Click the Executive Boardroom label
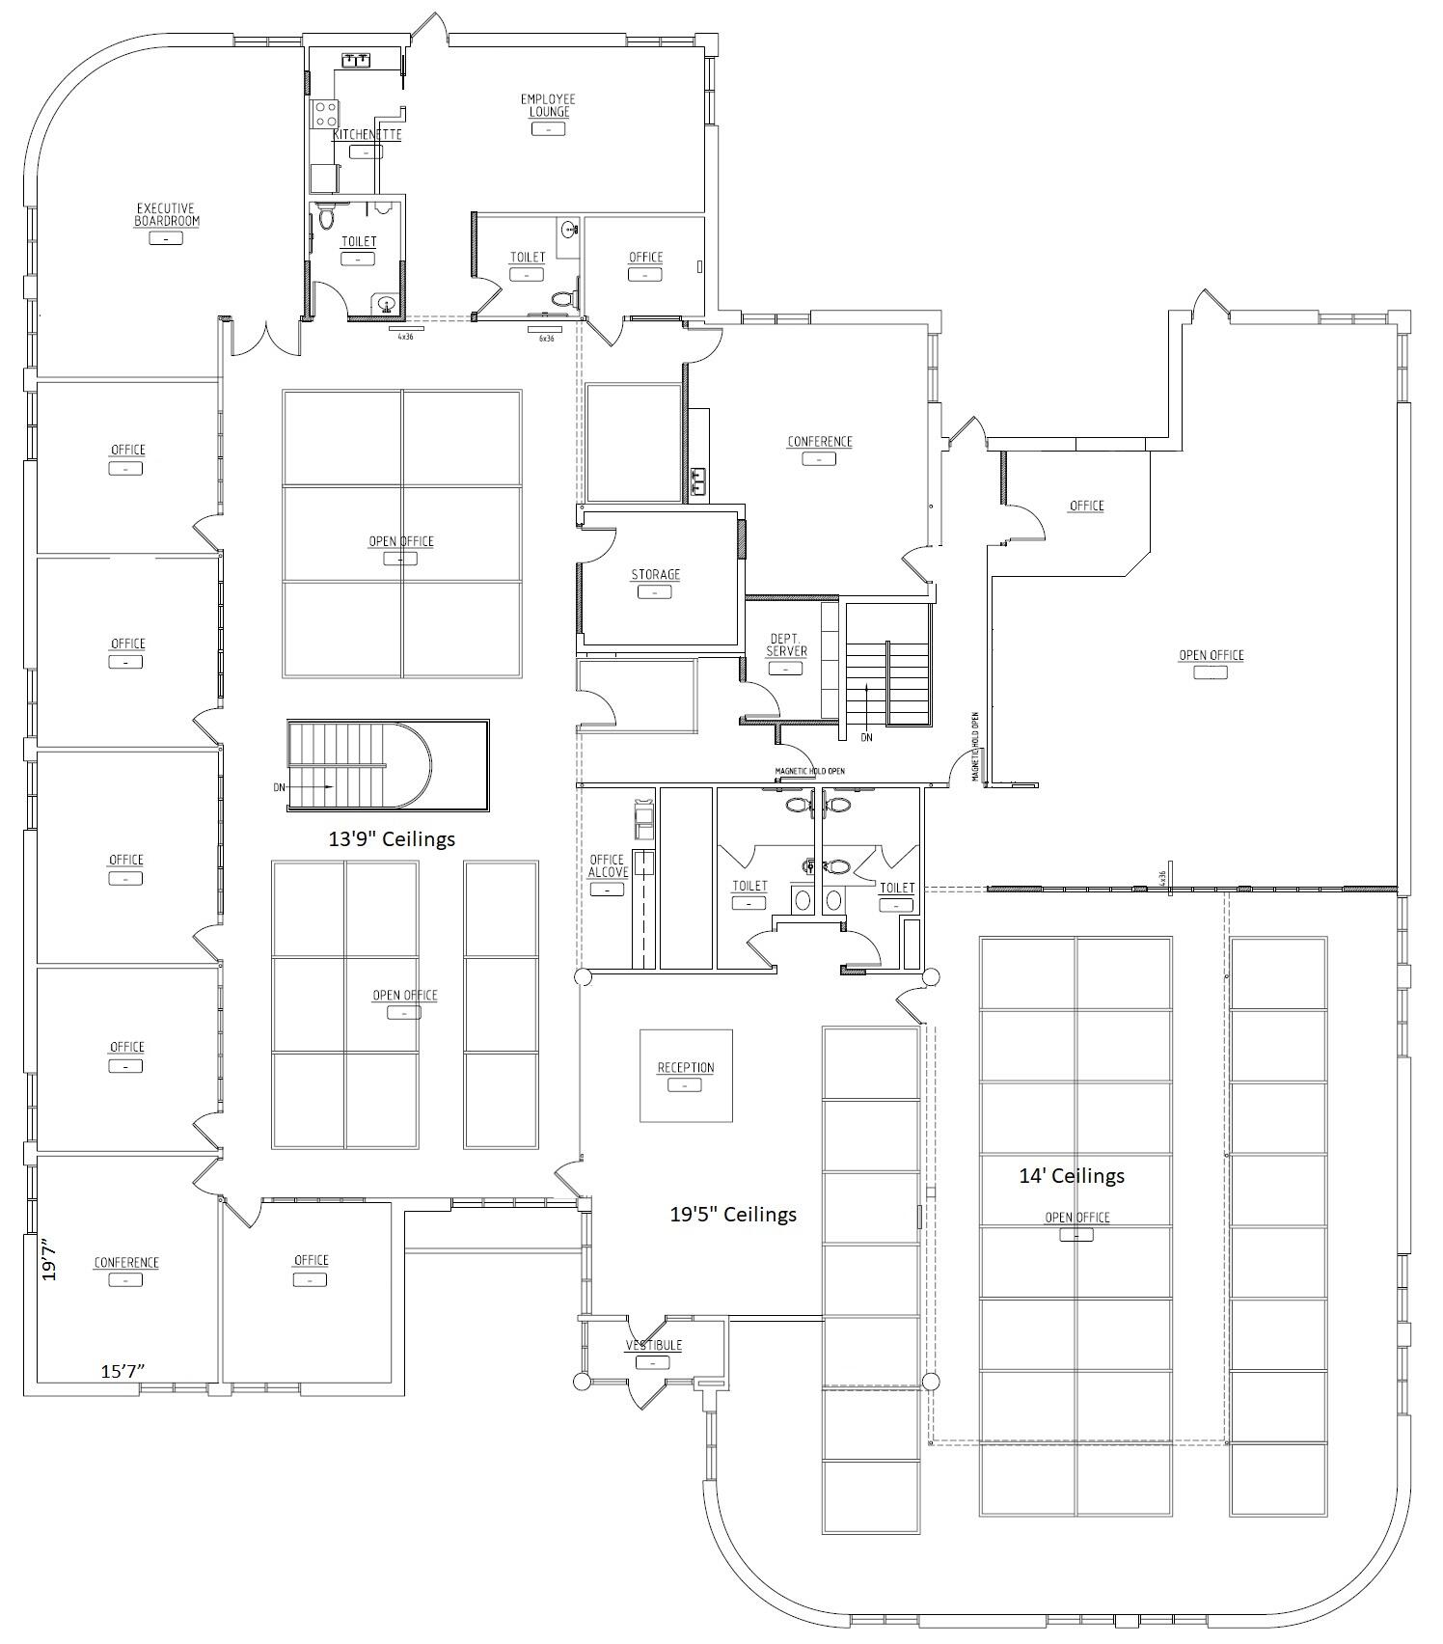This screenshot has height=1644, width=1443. point(167,215)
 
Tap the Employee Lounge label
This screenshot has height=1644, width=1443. point(548,105)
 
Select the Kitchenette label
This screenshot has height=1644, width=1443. point(367,135)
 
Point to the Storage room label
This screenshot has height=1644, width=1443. point(656,575)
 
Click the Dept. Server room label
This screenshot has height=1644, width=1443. point(786,645)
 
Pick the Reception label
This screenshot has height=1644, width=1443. point(686,1068)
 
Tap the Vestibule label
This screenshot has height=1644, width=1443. point(654,1346)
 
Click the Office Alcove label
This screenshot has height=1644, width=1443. point(608,866)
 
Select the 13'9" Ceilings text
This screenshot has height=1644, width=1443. point(392,839)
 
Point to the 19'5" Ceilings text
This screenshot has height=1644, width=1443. point(733,1215)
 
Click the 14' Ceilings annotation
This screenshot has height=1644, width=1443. point(1072,1176)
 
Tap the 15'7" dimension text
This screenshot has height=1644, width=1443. point(123,1371)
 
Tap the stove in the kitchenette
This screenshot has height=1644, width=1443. point(323,116)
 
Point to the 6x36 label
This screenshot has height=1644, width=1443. point(546,339)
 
